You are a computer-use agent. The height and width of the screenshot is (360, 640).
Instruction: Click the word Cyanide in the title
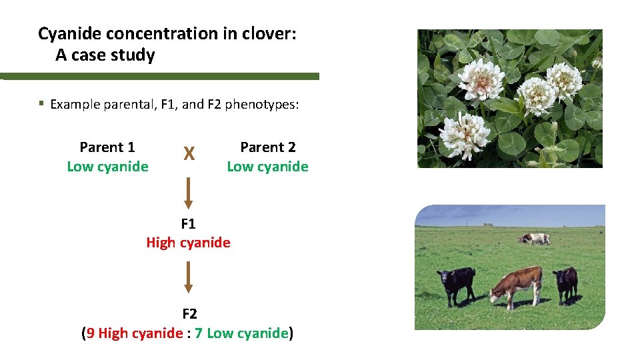(71, 33)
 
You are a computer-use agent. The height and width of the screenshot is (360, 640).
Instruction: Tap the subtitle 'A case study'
(105, 55)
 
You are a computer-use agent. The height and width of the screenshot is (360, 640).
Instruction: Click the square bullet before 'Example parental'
(41, 103)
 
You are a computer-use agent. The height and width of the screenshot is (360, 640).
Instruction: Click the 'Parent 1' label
(107, 147)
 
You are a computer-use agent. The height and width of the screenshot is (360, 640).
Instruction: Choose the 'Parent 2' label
(267, 147)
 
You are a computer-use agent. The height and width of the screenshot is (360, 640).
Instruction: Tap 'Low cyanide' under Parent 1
(107, 167)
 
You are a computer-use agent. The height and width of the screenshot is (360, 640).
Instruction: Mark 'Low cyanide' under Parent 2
(267, 167)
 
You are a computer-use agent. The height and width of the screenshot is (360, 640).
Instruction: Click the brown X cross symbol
(189, 155)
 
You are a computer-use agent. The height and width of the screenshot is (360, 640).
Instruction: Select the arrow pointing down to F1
(189, 193)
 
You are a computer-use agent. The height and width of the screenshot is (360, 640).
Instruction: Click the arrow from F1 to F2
(189, 277)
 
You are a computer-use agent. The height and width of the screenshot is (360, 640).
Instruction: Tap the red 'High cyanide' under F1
(189, 243)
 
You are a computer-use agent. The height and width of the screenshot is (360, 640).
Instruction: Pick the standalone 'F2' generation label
(189, 313)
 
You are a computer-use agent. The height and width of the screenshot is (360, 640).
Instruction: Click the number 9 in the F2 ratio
(91, 333)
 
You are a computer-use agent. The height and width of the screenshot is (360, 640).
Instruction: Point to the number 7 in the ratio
(199, 333)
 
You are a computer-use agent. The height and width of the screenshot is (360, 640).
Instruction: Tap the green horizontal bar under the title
(160, 76)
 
